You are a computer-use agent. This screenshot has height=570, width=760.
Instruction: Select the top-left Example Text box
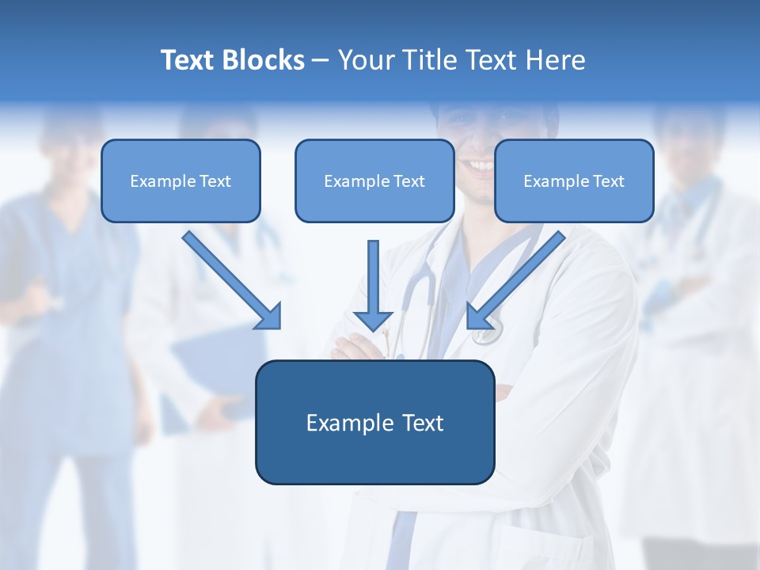[180, 181]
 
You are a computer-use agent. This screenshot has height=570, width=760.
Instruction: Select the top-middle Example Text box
[374, 181]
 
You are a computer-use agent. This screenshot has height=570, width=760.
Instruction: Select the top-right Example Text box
[574, 181]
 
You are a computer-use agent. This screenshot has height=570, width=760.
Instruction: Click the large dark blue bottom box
[374, 423]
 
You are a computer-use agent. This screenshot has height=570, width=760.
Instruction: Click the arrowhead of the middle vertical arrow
[373, 321]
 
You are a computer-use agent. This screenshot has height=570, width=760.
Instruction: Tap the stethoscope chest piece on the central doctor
[488, 332]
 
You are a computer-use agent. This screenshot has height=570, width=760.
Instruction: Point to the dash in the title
[321, 61]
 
